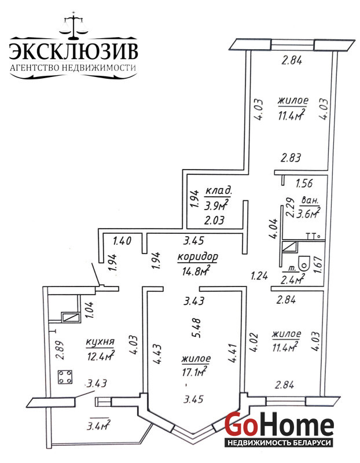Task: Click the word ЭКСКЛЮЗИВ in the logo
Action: [x=74, y=52]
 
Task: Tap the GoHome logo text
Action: [x=279, y=424]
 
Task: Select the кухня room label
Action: [x=100, y=342]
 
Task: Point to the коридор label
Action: [x=197, y=257]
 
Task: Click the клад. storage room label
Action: [x=219, y=191]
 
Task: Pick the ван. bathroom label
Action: [x=310, y=200]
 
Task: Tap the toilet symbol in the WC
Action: [x=304, y=263]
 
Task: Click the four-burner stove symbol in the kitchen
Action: [x=65, y=377]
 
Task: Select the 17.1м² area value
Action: [x=194, y=372]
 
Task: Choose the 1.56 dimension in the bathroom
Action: [x=304, y=183]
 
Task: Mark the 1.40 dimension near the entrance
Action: [x=122, y=241]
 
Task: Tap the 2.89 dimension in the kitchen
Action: [x=60, y=350]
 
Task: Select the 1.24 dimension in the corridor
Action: [x=259, y=276]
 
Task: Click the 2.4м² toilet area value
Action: [x=293, y=279]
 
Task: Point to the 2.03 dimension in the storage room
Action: [x=214, y=220]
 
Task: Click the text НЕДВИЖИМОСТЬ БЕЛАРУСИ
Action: [x=279, y=443]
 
